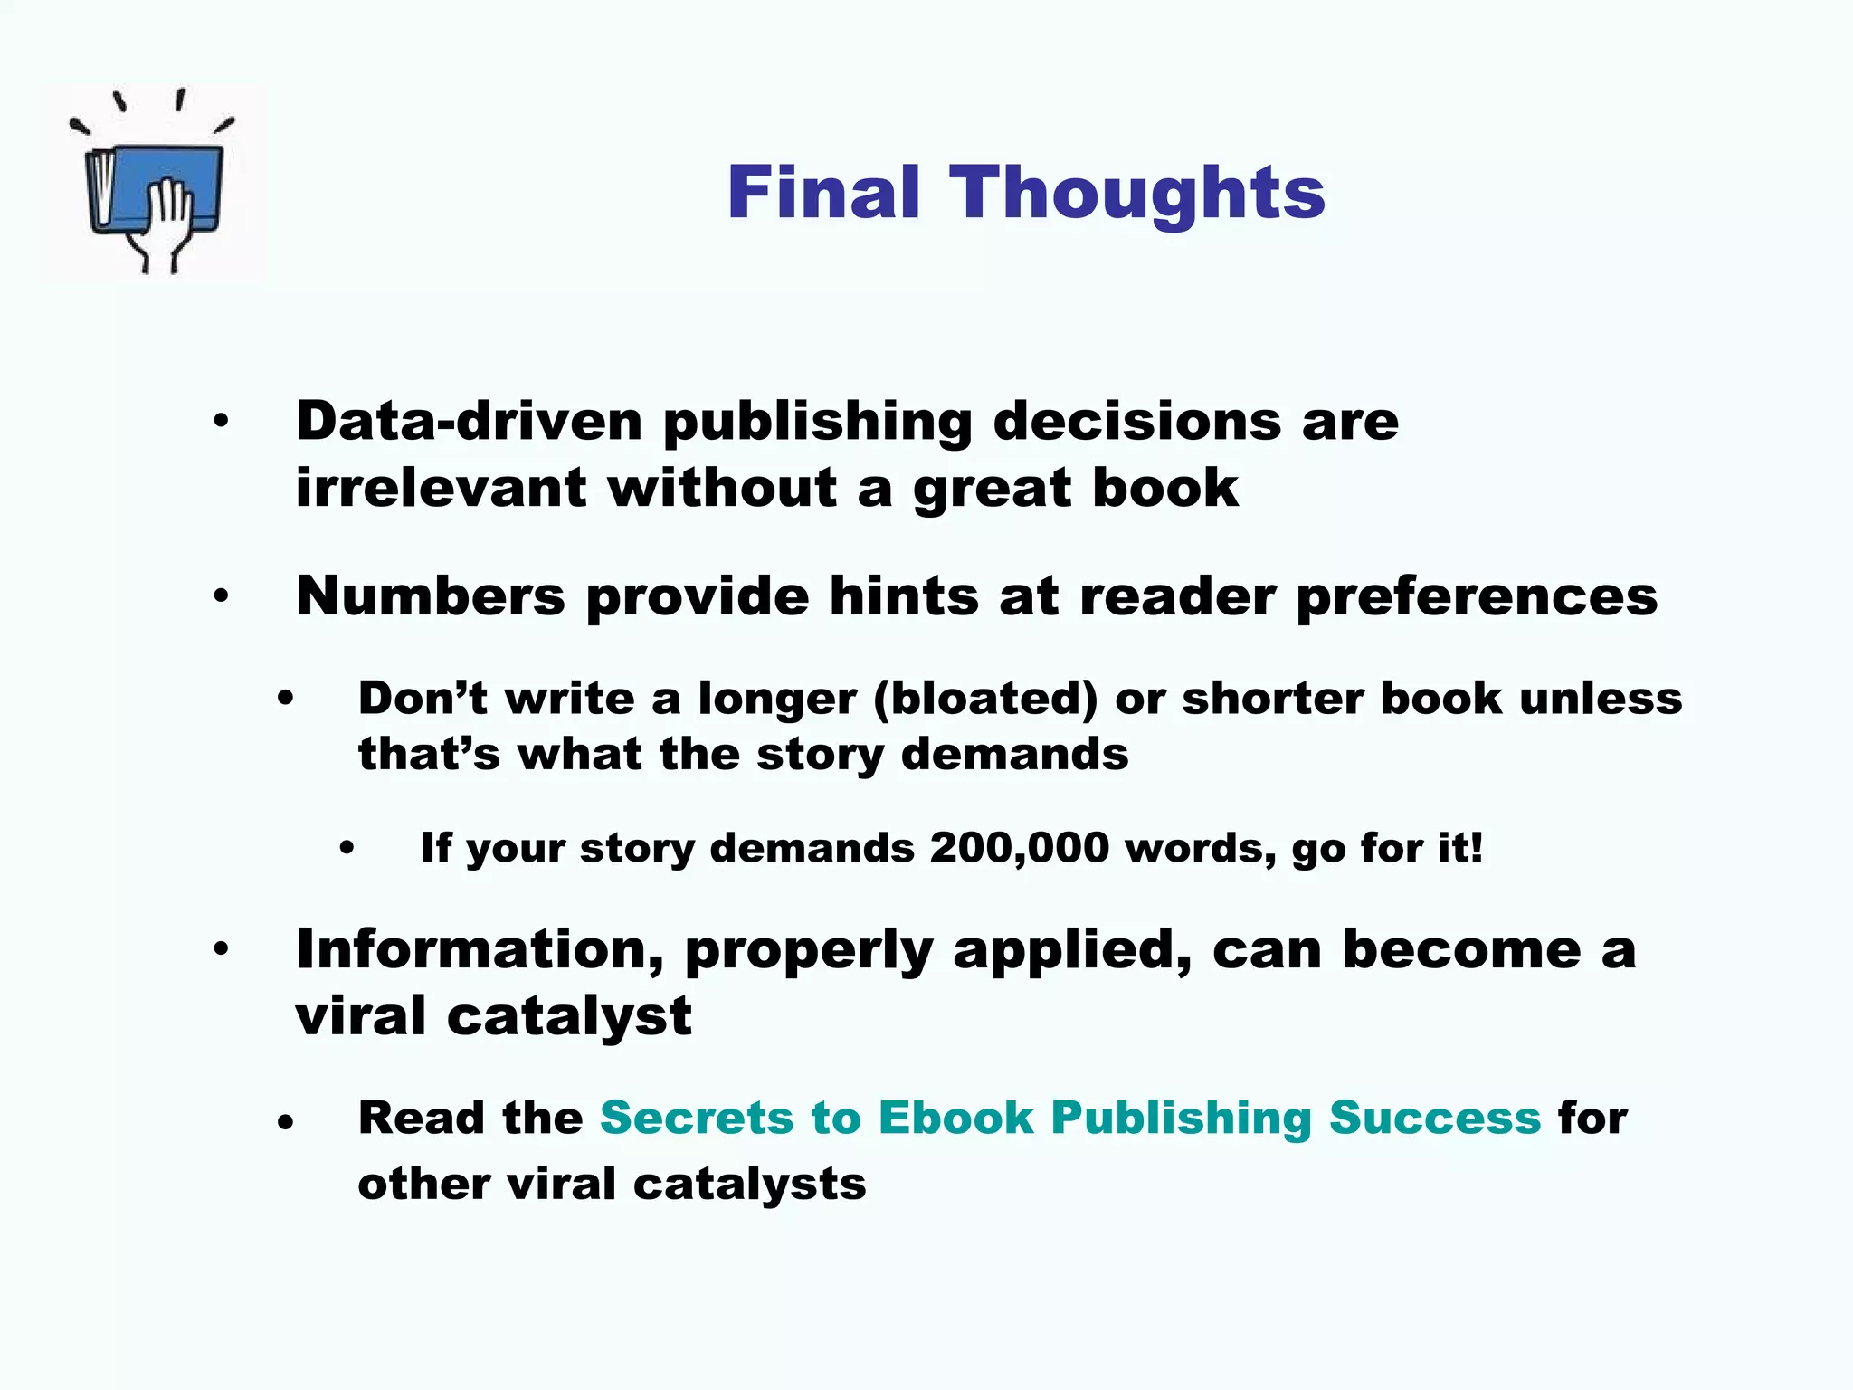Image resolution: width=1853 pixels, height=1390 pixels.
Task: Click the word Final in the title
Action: click(822, 193)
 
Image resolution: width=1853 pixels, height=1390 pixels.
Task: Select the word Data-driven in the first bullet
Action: click(469, 422)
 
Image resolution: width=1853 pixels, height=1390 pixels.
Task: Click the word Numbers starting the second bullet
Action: click(431, 596)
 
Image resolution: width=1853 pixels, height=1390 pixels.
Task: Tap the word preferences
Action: click(1477, 598)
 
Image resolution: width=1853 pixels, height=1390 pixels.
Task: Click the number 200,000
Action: click(1019, 848)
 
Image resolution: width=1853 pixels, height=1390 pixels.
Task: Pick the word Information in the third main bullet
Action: click(480, 950)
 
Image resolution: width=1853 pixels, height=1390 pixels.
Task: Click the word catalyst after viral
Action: click(569, 1016)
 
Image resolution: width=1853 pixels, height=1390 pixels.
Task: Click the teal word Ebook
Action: click(955, 1118)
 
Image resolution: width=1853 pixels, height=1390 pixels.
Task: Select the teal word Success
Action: click(1434, 1118)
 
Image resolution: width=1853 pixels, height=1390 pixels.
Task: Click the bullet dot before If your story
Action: click(347, 849)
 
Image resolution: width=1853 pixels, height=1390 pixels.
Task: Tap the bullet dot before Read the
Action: click(286, 1123)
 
